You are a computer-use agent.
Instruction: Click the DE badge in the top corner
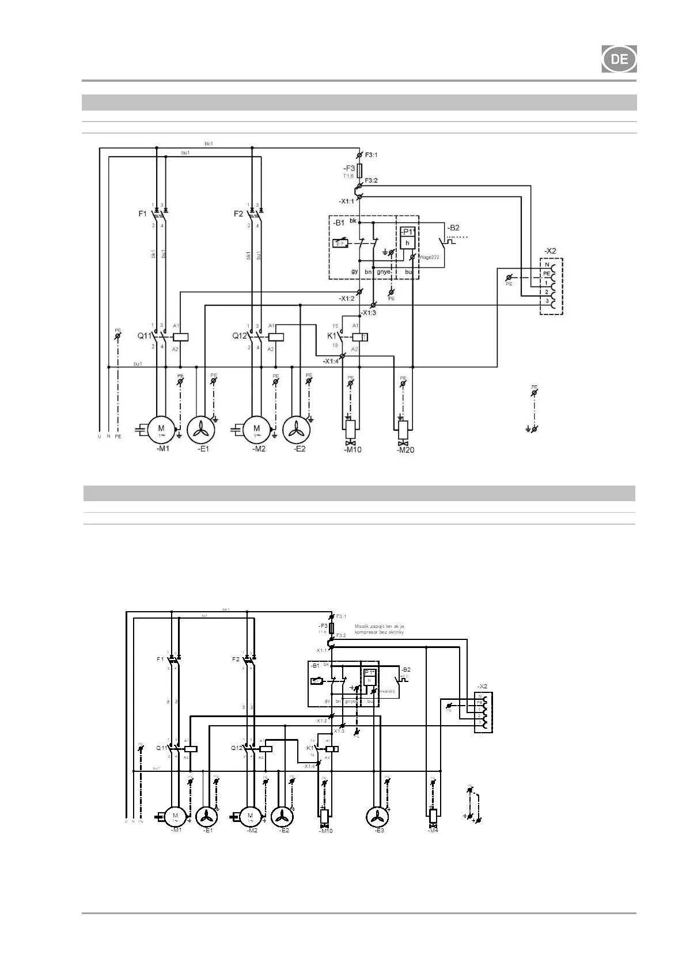pos(619,59)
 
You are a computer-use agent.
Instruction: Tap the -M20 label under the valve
pos(405,450)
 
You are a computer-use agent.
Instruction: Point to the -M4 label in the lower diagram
pos(433,830)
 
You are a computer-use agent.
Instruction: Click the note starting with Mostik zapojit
pos(379,629)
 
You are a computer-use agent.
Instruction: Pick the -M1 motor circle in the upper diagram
pos(161,429)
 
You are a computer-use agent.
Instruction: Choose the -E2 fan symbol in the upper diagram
pos(296,429)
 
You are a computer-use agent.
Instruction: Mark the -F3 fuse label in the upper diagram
pos(350,168)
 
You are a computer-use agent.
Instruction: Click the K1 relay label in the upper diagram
pos(332,335)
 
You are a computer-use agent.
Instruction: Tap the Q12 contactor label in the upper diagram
pos(240,335)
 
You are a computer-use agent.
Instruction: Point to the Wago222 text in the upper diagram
pos(429,257)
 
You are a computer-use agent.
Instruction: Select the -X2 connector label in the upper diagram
pos(550,251)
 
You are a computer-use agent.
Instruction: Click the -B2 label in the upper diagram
pos(453,228)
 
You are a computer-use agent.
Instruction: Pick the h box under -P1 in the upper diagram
pos(408,243)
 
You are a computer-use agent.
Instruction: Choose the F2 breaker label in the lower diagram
pos(236,659)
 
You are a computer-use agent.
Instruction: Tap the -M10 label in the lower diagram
pos(325,831)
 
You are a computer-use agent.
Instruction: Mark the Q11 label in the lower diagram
pos(162,748)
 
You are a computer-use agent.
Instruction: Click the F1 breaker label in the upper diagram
pos(142,214)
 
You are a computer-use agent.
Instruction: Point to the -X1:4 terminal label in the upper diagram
pos(331,361)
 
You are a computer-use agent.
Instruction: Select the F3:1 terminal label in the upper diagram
pos(371,155)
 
